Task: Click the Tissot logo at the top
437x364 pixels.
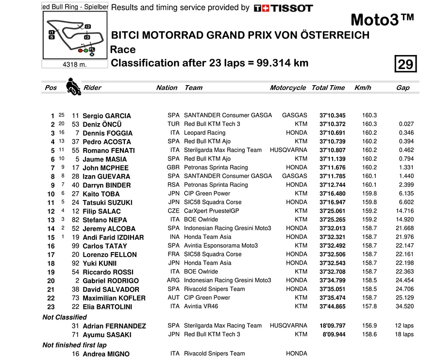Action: [x=283, y=8]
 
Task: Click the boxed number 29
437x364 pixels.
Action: [x=405, y=64]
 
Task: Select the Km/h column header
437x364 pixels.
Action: [x=363, y=88]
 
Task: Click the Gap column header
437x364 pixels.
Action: [x=403, y=88]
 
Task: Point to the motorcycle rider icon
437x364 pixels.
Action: [x=73, y=86]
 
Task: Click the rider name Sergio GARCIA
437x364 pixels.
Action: [x=106, y=116]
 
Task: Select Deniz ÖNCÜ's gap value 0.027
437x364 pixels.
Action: [x=406, y=124]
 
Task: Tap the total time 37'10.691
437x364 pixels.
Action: [x=332, y=133]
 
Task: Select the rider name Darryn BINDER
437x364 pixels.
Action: [x=106, y=185]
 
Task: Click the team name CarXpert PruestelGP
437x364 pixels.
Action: [x=211, y=211]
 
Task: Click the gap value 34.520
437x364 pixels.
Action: [x=404, y=307]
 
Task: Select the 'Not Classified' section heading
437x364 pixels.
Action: [x=65, y=317]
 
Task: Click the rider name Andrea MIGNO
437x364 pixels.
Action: [x=106, y=354]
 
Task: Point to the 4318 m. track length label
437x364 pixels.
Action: [x=74, y=64]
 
